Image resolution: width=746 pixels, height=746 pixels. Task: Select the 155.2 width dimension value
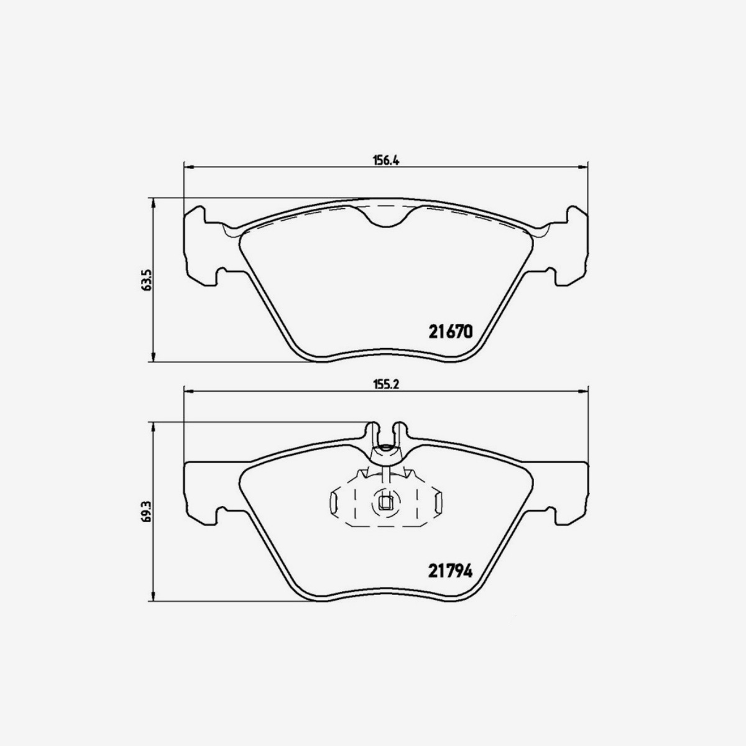coord(385,384)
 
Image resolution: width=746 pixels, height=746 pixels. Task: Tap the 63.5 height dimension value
coord(147,280)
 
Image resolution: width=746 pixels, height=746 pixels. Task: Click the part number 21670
coord(451,332)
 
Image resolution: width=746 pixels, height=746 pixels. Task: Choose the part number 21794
coord(451,569)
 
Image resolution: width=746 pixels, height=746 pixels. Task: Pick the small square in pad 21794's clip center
coord(385,504)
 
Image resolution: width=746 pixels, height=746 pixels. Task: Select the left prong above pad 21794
coord(373,432)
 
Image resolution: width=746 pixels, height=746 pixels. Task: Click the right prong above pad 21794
coord(398,432)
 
